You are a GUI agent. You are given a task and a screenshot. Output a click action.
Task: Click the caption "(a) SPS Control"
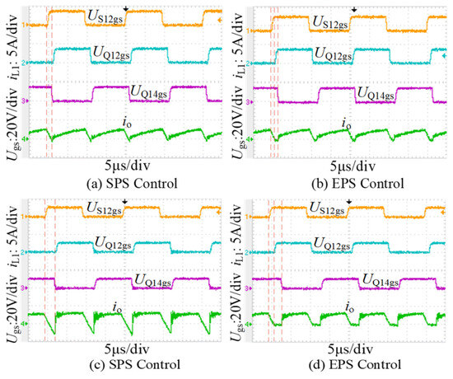[x=132, y=183]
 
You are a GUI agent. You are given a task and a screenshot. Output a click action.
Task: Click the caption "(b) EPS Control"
[x=357, y=183]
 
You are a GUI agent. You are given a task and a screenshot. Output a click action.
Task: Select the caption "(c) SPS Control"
[x=135, y=364]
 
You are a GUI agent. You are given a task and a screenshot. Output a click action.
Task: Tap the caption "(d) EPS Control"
[x=355, y=364]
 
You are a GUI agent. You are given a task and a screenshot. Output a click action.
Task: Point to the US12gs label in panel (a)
[x=105, y=17]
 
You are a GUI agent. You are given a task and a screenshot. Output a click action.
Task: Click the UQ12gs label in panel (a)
[x=111, y=53]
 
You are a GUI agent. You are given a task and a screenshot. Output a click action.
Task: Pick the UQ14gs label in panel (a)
[x=149, y=92]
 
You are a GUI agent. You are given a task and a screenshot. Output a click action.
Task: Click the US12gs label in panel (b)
[x=330, y=22]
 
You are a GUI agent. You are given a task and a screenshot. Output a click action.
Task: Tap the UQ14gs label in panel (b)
[x=376, y=94]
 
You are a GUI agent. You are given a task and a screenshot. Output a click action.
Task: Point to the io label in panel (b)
[x=347, y=124]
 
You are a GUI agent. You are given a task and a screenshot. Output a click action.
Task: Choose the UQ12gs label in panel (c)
[x=113, y=243]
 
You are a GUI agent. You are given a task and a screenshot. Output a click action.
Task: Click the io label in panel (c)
[x=117, y=307]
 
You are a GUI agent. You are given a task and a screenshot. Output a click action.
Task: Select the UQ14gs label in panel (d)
[x=380, y=280]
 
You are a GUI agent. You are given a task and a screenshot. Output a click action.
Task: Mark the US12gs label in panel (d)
[x=327, y=208]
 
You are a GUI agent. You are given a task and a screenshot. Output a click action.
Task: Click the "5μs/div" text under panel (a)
[x=127, y=166]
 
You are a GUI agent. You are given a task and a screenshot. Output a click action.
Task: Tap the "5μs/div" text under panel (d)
[x=350, y=349]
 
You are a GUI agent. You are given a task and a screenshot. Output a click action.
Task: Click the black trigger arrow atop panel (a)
[x=125, y=9]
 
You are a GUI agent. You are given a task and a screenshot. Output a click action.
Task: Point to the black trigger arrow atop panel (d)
[x=349, y=201]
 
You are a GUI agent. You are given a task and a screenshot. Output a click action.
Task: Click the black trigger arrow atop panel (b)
[x=354, y=9]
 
